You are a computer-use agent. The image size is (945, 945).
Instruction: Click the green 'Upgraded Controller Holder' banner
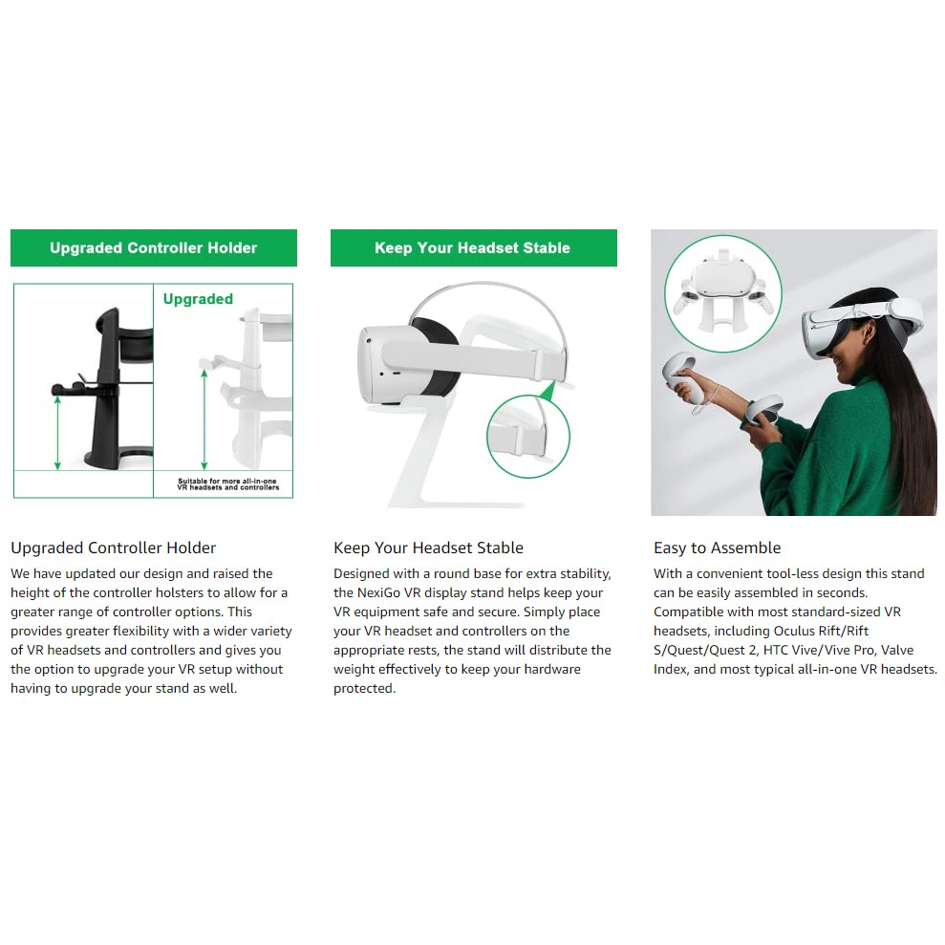154,247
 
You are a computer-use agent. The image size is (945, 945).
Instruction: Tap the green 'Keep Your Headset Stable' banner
474,247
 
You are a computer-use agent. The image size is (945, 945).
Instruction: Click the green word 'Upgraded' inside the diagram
198,299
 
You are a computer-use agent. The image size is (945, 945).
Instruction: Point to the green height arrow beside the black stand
57,432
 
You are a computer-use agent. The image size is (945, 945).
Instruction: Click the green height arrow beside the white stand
204,419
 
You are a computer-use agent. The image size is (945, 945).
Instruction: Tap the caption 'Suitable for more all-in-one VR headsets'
227,483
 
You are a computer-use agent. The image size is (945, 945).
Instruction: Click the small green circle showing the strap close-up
528,437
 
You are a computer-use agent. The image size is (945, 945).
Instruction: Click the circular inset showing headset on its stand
723,293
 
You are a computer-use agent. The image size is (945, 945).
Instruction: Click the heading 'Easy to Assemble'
718,548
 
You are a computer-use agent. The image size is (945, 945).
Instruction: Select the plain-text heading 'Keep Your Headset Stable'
428,548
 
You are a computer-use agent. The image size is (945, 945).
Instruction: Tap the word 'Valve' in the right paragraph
897,651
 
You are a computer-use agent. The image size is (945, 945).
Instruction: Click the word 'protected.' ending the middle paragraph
365,688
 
